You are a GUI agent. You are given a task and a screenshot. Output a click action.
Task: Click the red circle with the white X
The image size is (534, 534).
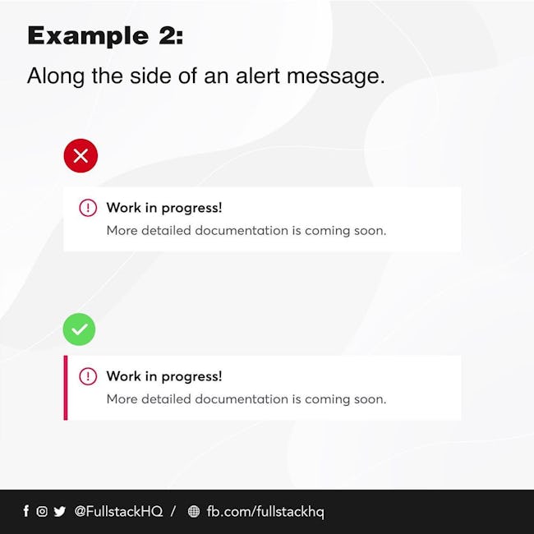point(81,155)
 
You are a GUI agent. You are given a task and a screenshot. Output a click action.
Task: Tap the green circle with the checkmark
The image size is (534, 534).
point(79,329)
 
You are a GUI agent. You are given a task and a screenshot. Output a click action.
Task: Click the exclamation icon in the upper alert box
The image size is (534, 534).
point(88,208)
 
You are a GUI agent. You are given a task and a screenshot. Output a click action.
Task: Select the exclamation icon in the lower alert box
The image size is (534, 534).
point(88,376)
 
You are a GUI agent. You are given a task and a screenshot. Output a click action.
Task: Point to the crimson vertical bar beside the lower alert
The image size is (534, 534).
point(66,388)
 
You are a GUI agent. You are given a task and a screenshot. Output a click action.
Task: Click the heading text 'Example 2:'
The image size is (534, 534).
point(105,36)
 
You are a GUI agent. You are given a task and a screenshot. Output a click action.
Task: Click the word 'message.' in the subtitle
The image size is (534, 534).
point(336,76)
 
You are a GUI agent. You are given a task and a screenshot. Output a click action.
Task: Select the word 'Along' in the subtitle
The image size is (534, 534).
point(56,76)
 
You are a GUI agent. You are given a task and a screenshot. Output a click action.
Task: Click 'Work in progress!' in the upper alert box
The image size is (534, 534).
point(164,208)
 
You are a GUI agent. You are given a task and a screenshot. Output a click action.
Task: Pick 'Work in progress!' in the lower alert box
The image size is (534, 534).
point(164,376)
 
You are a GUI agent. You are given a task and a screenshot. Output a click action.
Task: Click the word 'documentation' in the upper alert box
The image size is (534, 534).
point(242,231)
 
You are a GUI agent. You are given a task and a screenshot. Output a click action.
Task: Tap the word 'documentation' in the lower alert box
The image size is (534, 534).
point(242,399)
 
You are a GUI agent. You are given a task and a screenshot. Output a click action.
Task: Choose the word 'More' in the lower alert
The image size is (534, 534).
point(122,399)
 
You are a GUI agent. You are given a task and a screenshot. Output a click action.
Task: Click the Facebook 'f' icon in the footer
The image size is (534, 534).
point(26,511)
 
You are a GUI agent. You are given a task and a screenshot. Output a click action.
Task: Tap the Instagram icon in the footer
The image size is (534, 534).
point(42,511)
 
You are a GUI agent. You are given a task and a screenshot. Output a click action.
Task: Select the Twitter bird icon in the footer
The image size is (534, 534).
point(60,511)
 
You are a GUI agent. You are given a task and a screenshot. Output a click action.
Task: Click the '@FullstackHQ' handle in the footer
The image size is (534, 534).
point(118,511)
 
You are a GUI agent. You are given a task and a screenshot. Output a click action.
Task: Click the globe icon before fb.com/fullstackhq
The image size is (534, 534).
point(194,511)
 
